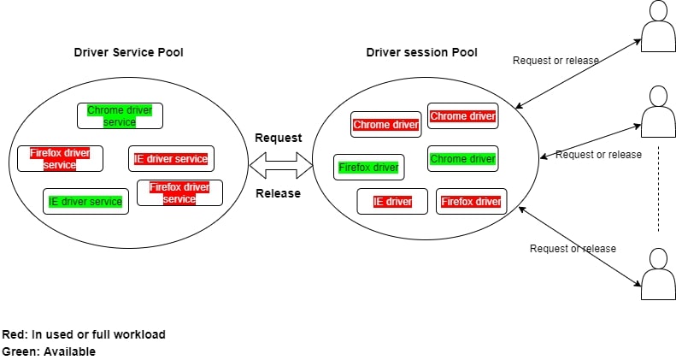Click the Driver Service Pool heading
[x=128, y=52]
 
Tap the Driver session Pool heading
[x=421, y=52]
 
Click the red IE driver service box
[x=171, y=159]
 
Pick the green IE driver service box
[x=85, y=202]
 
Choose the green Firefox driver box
[x=368, y=168]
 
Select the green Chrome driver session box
[x=462, y=159]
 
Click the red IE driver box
[x=392, y=202]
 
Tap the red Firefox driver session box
[x=471, y=202]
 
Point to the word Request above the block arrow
[x=279, y=138]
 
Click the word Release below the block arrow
[x=279, y=193]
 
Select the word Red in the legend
[x=15, y=334]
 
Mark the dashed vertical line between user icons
[x=658, y=188]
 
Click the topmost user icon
[x=658, y=26]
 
